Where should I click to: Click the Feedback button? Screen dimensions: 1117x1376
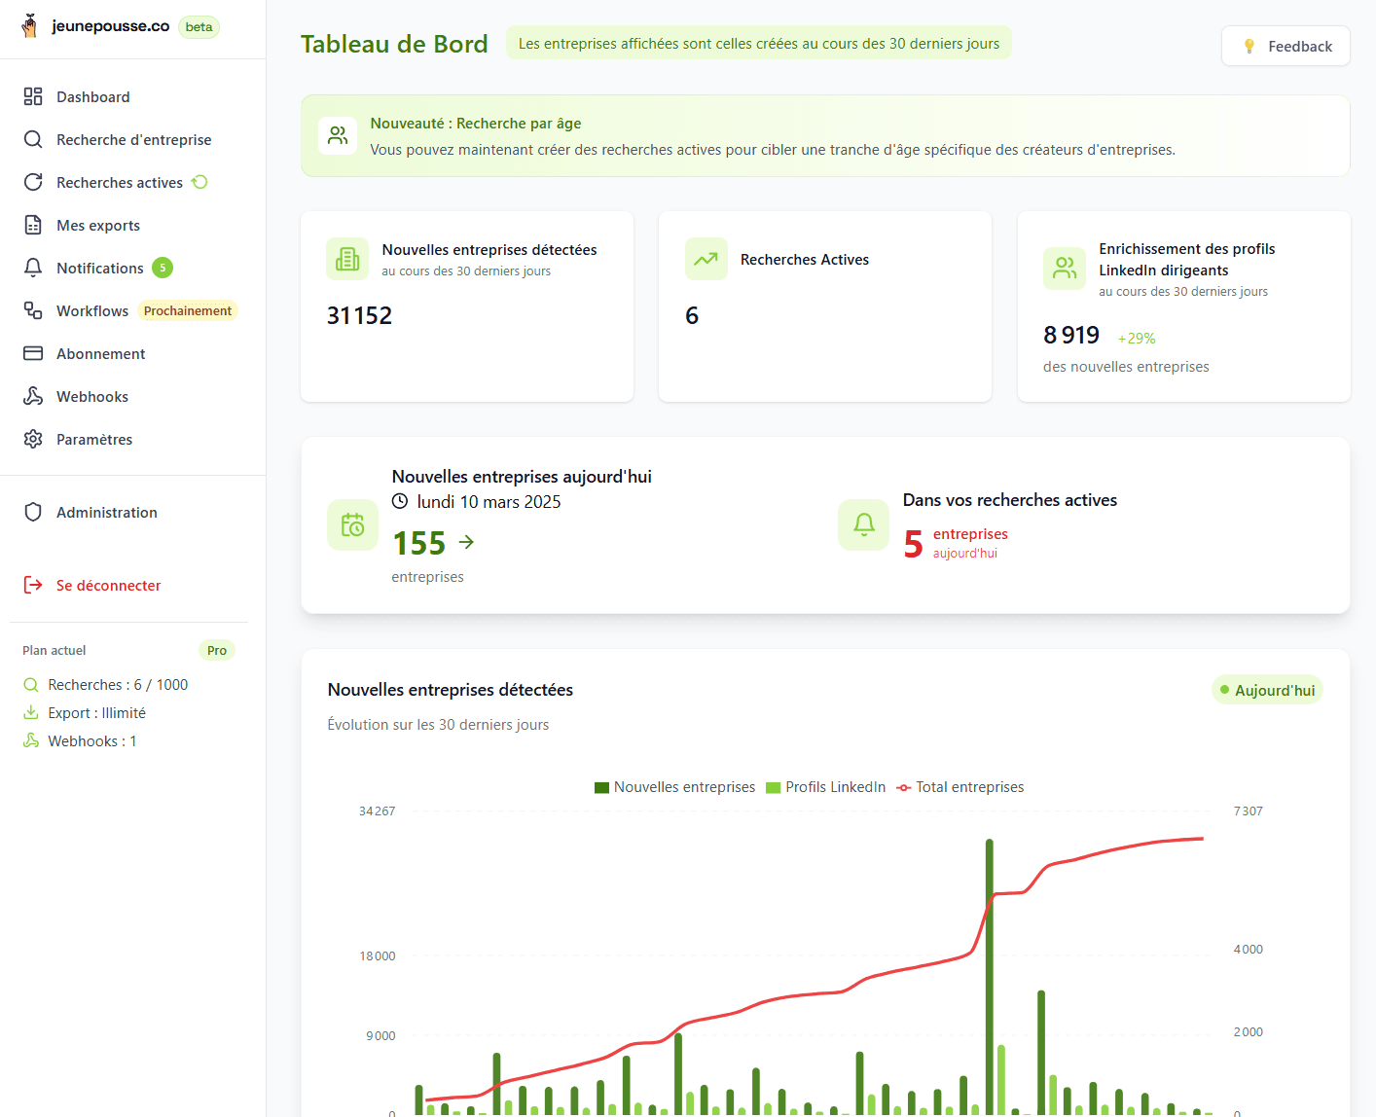(1285, 47)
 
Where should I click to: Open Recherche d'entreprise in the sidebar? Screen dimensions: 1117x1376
(133, 140)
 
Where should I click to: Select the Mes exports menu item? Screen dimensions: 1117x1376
(97, 226)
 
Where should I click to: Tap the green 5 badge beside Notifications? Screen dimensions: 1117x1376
(163, 268)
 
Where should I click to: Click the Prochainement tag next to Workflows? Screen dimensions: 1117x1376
(188, 311)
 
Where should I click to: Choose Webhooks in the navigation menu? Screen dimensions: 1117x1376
(91, 397)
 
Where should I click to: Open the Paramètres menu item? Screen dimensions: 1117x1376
(93, 440)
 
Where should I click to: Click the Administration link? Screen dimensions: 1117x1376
(106, 513)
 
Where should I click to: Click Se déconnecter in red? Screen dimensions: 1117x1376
(108, 586)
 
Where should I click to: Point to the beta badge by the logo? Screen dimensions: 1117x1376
(199, 27)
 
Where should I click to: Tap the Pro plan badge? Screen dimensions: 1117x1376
(216, 651)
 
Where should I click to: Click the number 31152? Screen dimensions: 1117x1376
(359, 316)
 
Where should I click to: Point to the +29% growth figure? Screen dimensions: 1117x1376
(1136, 339)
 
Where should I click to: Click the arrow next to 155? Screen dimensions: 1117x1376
(466, 542)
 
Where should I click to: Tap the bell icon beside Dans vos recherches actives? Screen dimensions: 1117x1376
(863, 524)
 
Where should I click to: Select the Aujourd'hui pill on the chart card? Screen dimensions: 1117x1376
(1267, 691)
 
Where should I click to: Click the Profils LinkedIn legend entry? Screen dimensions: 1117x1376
(826, 787)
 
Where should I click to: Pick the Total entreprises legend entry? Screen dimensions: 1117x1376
(960, 787)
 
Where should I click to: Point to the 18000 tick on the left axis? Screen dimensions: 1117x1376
(378, 956)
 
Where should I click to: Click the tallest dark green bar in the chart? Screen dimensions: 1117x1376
(990, 973)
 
